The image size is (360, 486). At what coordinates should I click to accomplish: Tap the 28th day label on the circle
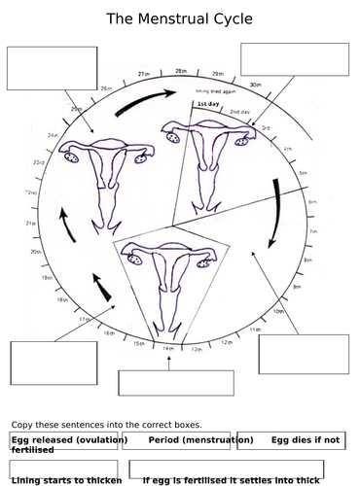[x=181, y=72]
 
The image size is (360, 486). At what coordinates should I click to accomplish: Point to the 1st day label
[x=207, y=103]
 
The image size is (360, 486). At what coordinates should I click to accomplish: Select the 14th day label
[x=167, y=348]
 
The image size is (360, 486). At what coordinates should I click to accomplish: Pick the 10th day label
[x=278, y=311]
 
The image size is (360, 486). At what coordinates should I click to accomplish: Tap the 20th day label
[x=35, y=252]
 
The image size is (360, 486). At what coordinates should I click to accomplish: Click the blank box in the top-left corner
[x=52, y=68]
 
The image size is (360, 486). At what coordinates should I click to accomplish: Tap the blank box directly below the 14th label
[x=162, y=383]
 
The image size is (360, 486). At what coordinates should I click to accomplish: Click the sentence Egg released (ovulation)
[x=69, y=440]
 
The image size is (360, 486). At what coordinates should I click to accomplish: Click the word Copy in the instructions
[x=23, y=425]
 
